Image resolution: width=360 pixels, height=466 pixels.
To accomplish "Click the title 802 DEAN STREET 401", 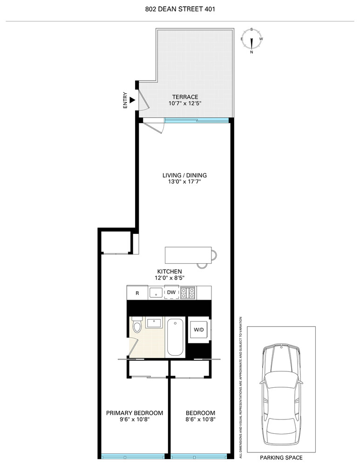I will point(180,8).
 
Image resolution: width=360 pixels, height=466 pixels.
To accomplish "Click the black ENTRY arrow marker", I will point(132,100).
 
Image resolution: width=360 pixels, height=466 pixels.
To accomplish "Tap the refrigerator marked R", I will point(137,293).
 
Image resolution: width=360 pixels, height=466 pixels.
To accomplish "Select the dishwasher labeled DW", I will point(171,293).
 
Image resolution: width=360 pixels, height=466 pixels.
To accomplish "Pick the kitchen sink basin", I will point(156,293).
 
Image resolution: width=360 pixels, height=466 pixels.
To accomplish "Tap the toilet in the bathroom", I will point(136,327).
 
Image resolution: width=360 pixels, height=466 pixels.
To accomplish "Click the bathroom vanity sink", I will point(153,322).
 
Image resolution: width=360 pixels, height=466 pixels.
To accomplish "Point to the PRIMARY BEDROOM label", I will point(135,413).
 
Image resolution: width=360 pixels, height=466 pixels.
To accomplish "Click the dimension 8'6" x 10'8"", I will point(201,419).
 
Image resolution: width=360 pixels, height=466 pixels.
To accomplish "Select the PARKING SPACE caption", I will point(282,458).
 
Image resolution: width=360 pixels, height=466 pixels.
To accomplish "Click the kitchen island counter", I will point(188,255).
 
